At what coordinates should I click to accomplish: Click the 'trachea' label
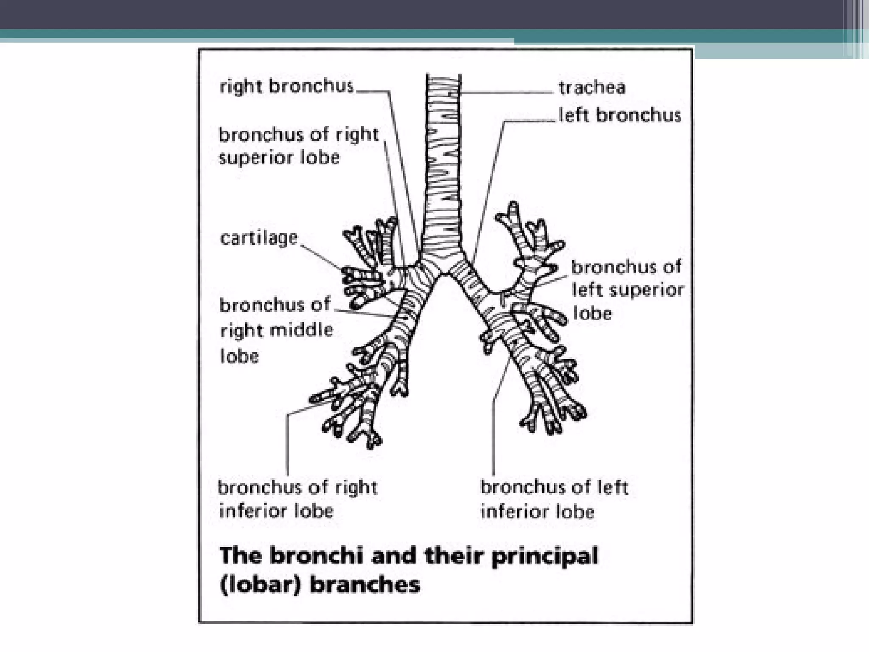[591, 88]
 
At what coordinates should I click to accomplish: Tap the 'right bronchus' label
[286, 86]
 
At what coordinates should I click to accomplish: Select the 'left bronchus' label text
[620, 115]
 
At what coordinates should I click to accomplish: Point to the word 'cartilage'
[259, 238]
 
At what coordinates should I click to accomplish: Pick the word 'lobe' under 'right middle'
[240, 356]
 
